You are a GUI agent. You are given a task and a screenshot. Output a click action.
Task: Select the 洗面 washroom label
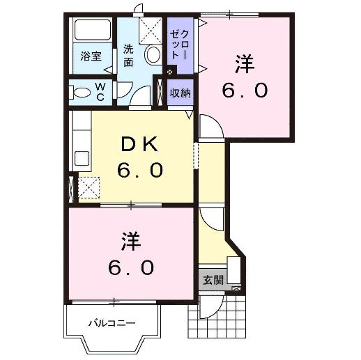pos(128,56)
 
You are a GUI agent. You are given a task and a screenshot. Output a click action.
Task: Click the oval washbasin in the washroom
pos(153,56)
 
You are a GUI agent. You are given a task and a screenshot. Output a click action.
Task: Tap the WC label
pos(100,91)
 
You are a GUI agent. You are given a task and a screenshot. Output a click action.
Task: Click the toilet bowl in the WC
pos(82,91)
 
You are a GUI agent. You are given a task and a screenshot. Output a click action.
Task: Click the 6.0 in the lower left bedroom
pos(130,267)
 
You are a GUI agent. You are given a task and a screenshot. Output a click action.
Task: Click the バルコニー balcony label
pos(112,323)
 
